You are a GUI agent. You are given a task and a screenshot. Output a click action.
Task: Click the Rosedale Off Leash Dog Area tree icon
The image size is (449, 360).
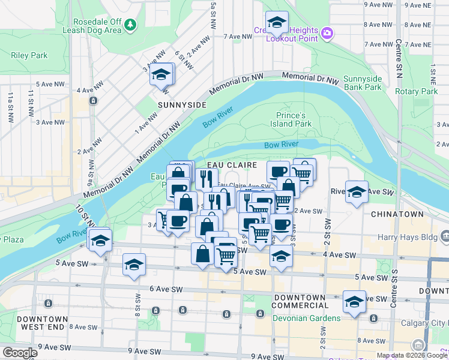pyautogui.click(x=130, y=25)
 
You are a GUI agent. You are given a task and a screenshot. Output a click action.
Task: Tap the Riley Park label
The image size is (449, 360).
pyautogui.click(x=29, y=55)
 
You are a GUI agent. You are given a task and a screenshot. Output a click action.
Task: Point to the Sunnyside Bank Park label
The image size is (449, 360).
pyautogui.click(x=362, y=83)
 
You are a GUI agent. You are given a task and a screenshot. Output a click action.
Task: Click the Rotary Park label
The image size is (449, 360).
pyautogui.click(x=420, y=91)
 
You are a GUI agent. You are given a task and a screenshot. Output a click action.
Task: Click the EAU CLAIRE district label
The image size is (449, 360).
pyautogui.click(x=232, y=165)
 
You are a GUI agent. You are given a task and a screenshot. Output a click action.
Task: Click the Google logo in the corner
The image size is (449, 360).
pyautogui.click(x=19, y=353)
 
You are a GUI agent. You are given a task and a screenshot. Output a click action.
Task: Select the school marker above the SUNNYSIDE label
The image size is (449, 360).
pyautogui.click(x=161, y=76)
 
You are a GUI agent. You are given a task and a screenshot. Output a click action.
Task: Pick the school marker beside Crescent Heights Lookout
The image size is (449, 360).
pyautogui.click(x=277, y=23)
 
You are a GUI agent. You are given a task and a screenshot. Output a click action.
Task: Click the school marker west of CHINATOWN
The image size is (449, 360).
pyautogui.click(x=357, y=192)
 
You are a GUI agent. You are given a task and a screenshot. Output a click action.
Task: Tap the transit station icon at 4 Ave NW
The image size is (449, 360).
pyautogui.click(x=93, y=100)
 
